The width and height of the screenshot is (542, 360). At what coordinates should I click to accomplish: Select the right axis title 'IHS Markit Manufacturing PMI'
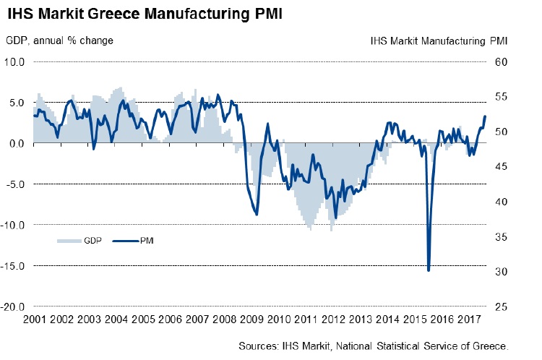point(439,40)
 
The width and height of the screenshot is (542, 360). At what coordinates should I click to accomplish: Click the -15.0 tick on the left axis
point(14,266)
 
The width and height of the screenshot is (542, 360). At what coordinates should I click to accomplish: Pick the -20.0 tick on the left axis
point(14,307)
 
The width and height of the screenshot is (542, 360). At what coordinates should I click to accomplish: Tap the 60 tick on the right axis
point(502,62)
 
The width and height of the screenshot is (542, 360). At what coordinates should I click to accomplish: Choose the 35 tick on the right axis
point(502,236)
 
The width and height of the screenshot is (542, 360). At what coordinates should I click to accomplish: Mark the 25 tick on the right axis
point(502,307)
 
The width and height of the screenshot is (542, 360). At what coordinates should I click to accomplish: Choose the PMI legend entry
point(145,239)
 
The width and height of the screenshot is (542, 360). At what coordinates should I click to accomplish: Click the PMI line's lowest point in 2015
point(429,270)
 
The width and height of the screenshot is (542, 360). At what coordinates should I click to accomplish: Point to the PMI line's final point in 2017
point(485,116)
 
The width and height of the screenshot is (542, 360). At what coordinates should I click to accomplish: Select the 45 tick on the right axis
point(502,166)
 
